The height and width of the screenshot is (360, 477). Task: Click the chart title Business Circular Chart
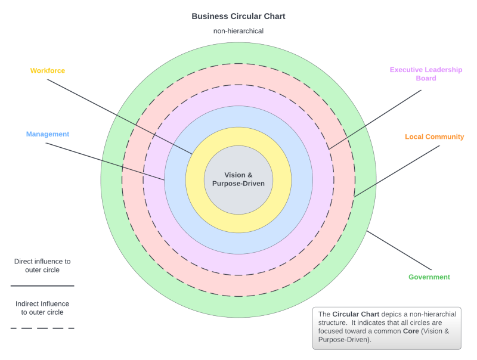point(238,17)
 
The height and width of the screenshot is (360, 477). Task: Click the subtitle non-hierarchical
point(238,31)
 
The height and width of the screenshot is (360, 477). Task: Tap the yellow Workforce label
point(48,71)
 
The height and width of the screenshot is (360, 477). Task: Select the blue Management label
point(48,134)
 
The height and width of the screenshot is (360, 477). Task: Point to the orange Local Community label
point(434,137)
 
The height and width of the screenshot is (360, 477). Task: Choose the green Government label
point(429,277)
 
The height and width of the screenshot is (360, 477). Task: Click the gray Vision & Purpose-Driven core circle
point(238,179)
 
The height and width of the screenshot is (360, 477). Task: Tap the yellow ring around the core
point(238,223)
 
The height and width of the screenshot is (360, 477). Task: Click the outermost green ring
point(238,306)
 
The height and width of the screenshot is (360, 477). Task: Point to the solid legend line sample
point(42,285)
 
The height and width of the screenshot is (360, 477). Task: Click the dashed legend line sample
point(42,328)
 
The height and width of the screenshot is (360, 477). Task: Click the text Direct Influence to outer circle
point(42,265)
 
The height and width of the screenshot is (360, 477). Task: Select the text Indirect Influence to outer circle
point(42,308)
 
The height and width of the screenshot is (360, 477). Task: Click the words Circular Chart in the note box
point(356,314)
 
